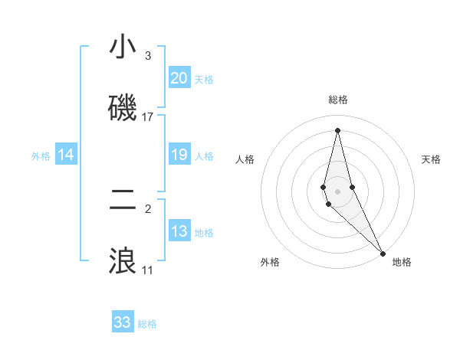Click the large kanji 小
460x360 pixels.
point(123,47)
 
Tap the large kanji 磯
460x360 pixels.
point(123,108)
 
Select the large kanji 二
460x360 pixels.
point(123,200)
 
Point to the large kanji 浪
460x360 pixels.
point(123,261)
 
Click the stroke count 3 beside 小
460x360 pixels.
point(148,55)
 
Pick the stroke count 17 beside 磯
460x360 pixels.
point(148,116)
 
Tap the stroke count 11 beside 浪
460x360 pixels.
point(148,270)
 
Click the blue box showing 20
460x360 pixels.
point(179,78)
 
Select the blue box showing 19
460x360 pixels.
point(179,155)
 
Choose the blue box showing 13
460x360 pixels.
point(179,231)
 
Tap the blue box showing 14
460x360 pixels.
point(66,155)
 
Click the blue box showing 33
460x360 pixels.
point(123,322)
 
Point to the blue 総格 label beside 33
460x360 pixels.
point(147,324)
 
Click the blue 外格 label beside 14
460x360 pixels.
point(41,156)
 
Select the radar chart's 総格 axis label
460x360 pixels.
point(338,100)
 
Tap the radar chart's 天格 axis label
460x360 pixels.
point(431,159)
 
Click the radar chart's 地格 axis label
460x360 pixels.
point(402,262)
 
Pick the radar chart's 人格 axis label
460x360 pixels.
point(245,159)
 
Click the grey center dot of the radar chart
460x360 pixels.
point(337,191)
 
